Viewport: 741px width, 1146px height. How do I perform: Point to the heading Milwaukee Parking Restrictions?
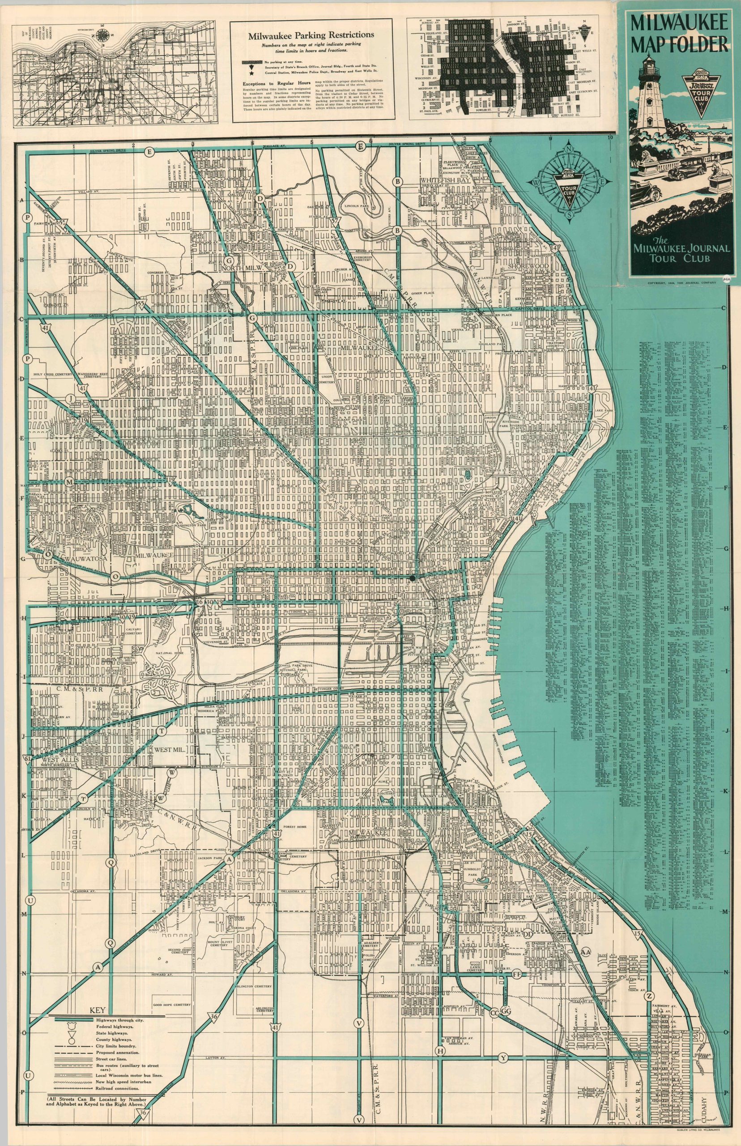tap(311, 35)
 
